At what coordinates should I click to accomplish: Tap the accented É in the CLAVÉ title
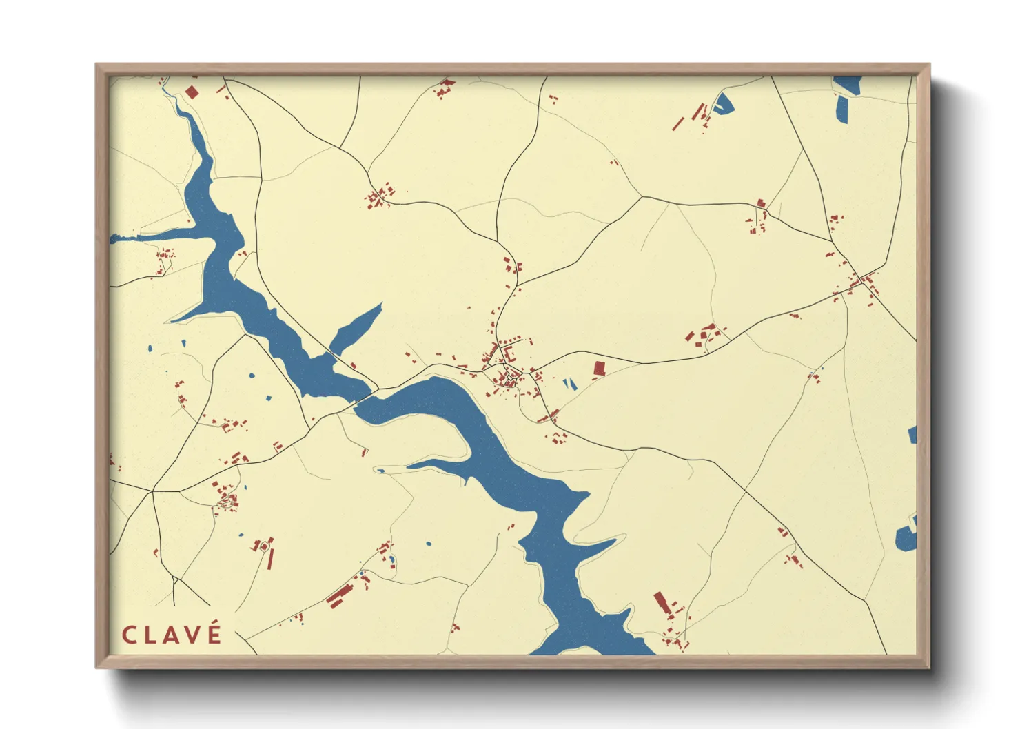pos(214,633)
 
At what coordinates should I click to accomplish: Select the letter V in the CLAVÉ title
pos(193,635)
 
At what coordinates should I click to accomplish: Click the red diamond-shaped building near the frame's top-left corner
pos(192,92)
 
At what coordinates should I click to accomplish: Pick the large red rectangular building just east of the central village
pos(599,369)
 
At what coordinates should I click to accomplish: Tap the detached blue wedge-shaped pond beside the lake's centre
pos(356,329)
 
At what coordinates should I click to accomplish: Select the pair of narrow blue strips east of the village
pos(569,384)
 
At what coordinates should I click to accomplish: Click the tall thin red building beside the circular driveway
pos(271,558)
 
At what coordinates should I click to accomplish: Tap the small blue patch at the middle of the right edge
pos(912,434)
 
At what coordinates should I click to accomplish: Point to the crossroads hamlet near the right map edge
pos(862,282)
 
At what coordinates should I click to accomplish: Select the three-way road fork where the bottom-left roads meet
pos(152,491)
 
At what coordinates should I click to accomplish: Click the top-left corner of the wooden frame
pos(96,65)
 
